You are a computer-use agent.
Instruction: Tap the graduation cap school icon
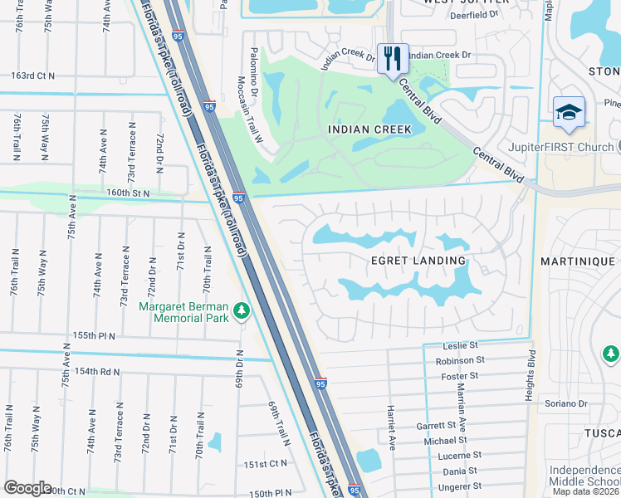click(x=570, y=113)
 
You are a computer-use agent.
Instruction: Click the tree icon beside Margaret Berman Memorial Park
click(x=242, y=310)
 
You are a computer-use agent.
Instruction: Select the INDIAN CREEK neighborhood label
click(x=369, y=129)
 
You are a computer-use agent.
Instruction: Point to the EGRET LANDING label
click(x=417, y=261)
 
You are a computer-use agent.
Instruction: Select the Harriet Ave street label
click(x=389, y=427)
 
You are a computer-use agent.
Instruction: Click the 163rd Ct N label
click(x=32, y=76)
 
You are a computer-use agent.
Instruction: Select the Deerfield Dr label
click(x=472, y=15)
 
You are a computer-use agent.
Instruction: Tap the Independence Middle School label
click(x=584, y=476)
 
